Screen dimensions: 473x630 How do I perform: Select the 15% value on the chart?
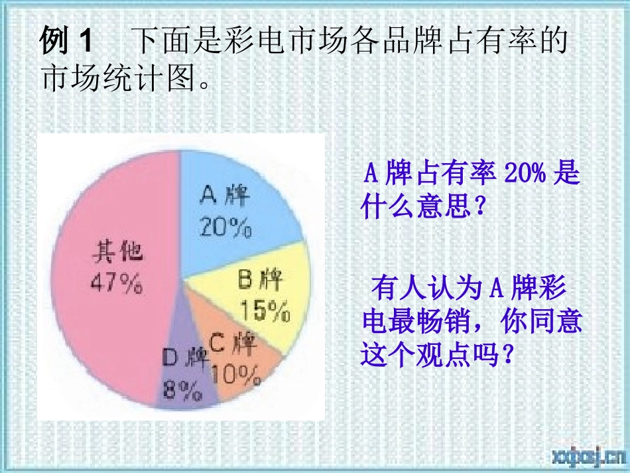pos(265,310)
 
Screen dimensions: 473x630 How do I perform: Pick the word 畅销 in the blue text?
pos(457,322)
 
